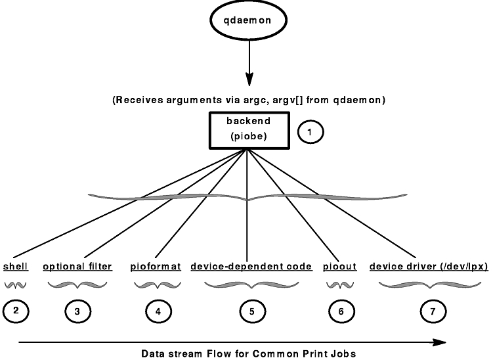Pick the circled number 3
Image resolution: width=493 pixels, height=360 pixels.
click(77, 311)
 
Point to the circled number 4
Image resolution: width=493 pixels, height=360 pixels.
click(158, 311)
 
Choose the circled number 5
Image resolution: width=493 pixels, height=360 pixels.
click(252, 311)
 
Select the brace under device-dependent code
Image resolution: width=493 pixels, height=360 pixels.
click(251, 284)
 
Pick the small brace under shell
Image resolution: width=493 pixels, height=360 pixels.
click(16, 284)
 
